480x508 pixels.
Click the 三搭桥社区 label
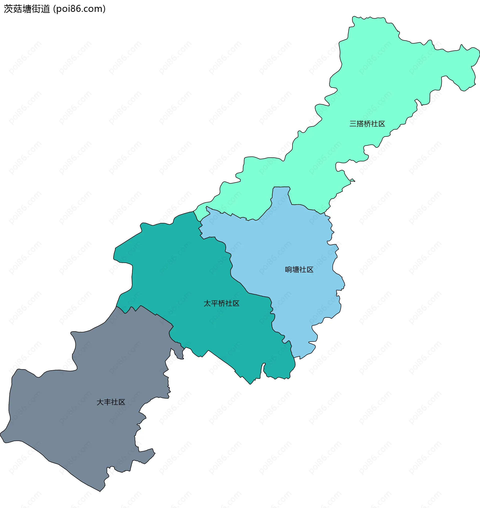tap(367, 124)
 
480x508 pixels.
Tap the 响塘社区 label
tap(299, 269)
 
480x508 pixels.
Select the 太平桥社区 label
tap(221, 303)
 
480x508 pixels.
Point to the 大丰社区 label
tap(111, 402)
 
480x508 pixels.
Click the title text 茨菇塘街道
tap(27, 9)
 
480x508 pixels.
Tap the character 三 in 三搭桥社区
tap(353, 124)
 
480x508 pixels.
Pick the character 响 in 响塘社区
tap(288, 269)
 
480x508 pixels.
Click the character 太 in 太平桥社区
tap(207, 303)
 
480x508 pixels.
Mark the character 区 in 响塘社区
tap(310, 269)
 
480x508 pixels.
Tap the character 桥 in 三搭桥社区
tap(367, 124)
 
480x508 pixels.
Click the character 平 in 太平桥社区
tap(214, 303)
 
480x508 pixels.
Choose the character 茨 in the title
tap(8, 9)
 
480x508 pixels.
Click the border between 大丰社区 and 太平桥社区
tap(156, 314)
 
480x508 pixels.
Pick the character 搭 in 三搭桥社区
tap(360, 124)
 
